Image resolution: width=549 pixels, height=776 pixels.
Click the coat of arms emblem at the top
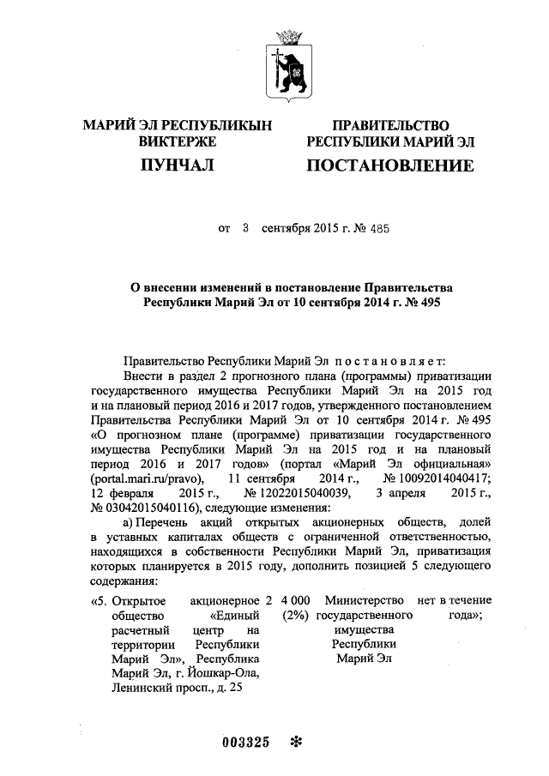coord(287,61)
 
